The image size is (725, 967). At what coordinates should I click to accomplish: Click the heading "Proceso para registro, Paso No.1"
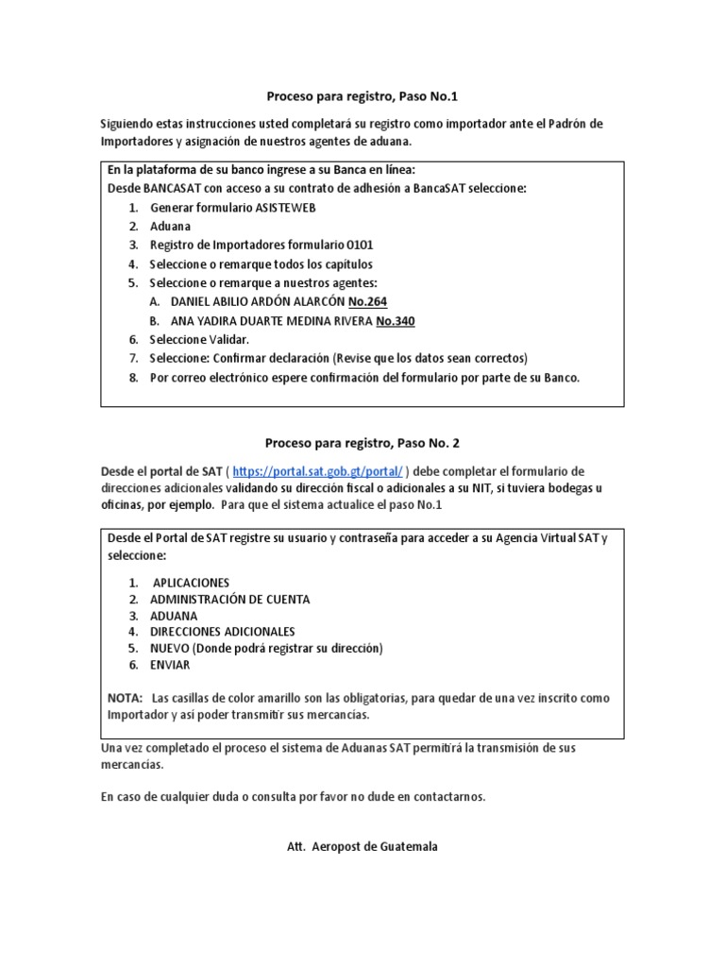(x=362, y=96)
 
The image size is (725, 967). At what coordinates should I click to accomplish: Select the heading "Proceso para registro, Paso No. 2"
(x=362, y=442)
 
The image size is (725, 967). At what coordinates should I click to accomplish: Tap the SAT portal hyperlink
(x=319, y=470)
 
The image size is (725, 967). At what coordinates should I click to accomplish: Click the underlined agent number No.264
(x=368, y=301)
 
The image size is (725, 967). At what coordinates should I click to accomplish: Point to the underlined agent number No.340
(x=395, y=321)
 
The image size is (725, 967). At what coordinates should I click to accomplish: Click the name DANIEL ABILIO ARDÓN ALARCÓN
(x=256, y=301)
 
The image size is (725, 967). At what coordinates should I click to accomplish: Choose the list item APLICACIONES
(x=191, y=583)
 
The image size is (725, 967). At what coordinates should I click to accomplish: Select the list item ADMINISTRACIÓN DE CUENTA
(x=229, y=599)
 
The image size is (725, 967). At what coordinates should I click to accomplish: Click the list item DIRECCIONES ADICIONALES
(x=222, y=632)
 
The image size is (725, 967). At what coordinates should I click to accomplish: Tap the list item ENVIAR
(x=170, y=665)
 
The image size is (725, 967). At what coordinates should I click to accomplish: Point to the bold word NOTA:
(x=125, y=698)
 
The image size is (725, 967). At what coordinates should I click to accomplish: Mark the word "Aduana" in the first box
(x=170, y=226)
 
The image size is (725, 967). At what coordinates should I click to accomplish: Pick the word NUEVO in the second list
(x=170, y=649)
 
